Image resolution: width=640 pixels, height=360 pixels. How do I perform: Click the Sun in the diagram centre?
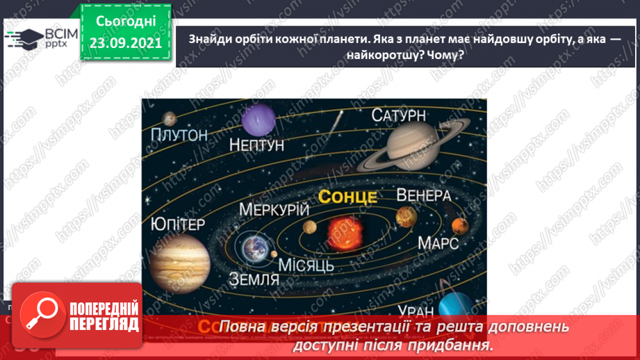(x=341, y=229)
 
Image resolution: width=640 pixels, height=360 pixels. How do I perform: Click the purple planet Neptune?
(x=259, y=119)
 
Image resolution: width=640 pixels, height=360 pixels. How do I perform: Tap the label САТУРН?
(x=398, y=115)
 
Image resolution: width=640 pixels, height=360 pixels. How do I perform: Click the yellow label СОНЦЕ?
(x=347, y=197)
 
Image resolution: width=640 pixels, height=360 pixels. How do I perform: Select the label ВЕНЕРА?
(x=424, y=195)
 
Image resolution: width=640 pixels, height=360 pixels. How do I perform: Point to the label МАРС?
(x=438, y=243)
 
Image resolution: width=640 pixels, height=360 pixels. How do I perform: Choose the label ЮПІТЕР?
(x=178, y=224)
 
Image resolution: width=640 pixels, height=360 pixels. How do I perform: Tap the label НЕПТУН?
(x=256, y=146)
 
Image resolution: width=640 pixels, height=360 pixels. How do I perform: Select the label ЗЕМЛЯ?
(x=254, y=279)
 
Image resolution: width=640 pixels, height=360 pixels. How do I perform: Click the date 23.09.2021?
(x=126, y=42)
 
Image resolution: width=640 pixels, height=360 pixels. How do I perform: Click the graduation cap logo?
(x=23, y=38)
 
